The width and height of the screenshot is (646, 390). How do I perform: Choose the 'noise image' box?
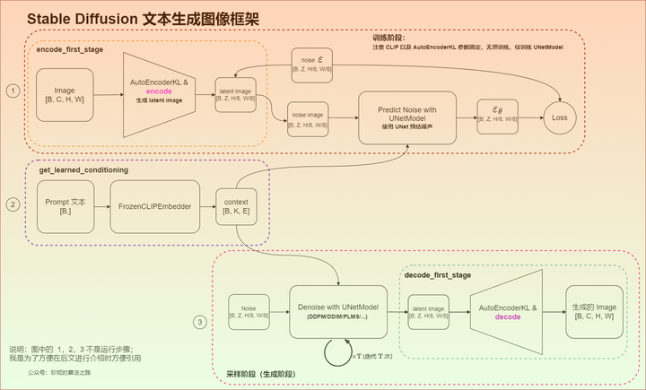click(308, 120)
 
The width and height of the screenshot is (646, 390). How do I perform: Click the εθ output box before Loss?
click(496, 116)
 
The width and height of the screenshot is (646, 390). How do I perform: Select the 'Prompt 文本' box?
click(65, 205)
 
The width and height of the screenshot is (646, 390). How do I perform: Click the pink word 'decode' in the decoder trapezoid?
click(508, 316)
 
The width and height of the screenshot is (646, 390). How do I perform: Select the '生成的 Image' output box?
click(593, 311)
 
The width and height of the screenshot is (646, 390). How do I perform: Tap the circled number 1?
click(13, 91)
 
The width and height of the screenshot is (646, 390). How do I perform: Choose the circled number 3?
click(200, 322)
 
